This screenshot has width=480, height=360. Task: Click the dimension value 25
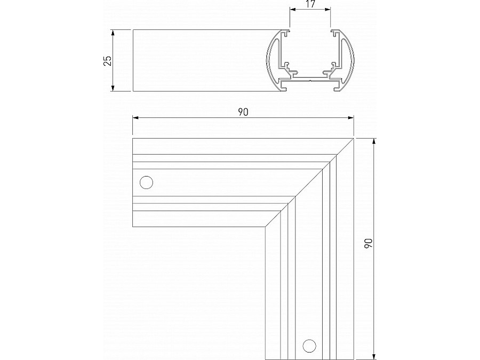(x=107, y=60)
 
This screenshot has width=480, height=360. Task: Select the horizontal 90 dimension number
(x=243, y=112)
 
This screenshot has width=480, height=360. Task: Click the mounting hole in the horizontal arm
(x=146, y=182)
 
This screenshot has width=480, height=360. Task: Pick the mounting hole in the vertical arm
(x=308, y=346)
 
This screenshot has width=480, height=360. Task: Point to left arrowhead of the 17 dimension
(x=291, y=10)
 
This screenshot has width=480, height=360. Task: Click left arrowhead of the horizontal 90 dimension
(x=135, y=117)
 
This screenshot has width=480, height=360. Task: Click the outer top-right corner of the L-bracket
(x=354, y=139)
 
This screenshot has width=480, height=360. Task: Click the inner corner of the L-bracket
(x=265, y=228)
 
